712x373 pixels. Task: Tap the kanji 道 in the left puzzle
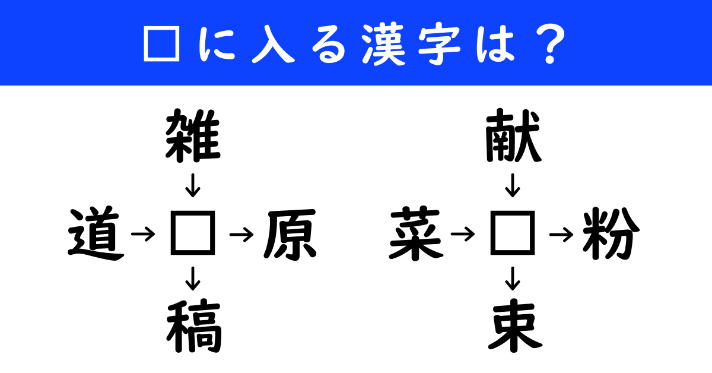coord(95,235)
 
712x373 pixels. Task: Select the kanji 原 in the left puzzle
coord(290,235)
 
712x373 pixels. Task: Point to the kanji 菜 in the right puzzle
coord(415,235)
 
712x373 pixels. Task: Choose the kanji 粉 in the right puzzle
coord(611,235)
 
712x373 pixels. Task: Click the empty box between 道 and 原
coord(193,235)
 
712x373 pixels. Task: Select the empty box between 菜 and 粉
coord(513,235)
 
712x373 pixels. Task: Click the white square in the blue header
coord(162,43)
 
